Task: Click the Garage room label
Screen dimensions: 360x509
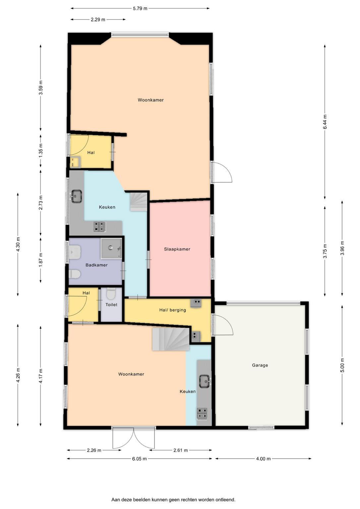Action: coord(260,365)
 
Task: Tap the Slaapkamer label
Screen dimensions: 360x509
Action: coord(177,249)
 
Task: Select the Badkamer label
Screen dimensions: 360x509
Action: coord(96,265)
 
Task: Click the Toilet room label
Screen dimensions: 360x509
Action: coord(111,305)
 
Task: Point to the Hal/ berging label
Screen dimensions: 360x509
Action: coord(172,310)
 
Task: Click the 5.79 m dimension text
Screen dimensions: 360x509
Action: coord(140,9)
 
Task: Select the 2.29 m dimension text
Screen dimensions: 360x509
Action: coord(98,20)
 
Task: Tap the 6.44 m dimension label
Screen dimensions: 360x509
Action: coord(325,122)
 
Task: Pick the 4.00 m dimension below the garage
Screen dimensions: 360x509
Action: coord(264,459)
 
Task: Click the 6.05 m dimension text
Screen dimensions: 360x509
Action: coord(139,459)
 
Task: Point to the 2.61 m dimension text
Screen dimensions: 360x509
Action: coord(180,450)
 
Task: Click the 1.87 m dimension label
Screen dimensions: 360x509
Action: coord(41,260)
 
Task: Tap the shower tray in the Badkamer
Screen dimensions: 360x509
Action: coord(111,248)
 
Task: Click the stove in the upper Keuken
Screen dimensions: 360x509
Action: coord(99,227)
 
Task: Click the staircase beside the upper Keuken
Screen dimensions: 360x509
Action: coord(139,202)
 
